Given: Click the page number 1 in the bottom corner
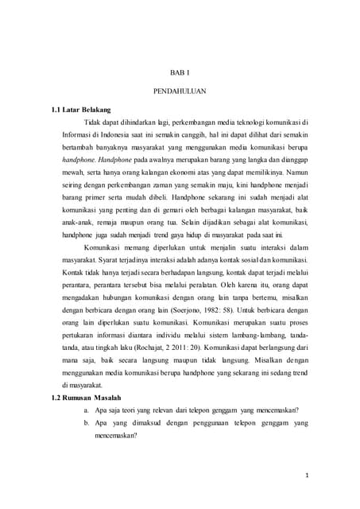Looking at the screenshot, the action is click(x=327, y=475).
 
